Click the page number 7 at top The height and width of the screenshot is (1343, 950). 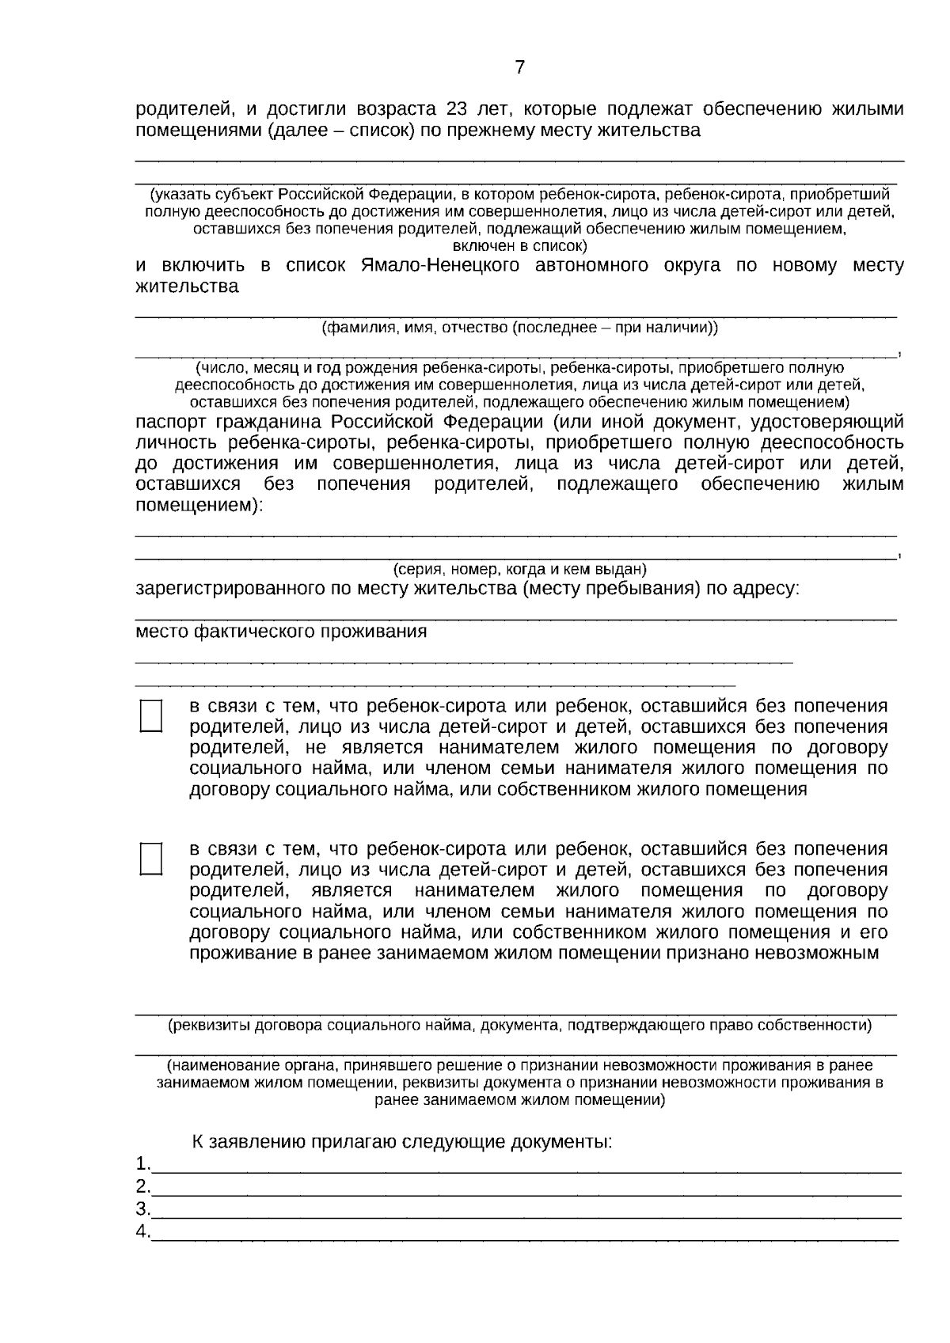[519, 68]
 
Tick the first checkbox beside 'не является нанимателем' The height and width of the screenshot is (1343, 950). [150, 715]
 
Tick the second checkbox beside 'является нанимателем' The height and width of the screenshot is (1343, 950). [150, 859]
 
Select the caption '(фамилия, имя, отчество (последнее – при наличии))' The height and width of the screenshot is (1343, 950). [519, 328]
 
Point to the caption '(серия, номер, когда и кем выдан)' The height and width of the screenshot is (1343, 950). [519, 570]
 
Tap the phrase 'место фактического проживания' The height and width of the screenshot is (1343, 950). [281, 632]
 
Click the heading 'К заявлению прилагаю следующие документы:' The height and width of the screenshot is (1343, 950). [401, 1143]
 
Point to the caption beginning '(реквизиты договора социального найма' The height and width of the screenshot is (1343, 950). [519, 1026]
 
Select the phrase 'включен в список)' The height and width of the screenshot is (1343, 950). [519, 246]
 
